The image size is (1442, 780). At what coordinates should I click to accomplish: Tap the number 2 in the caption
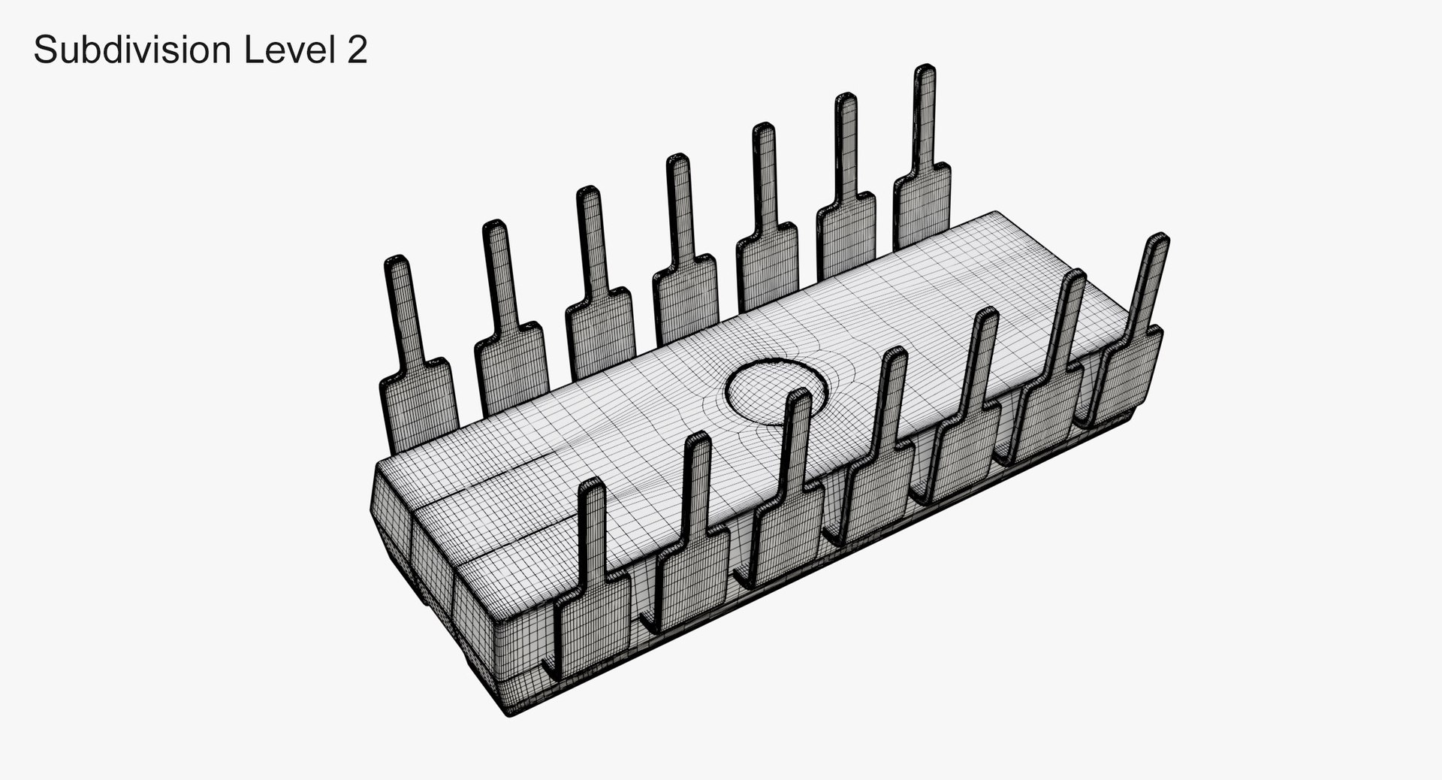tap(357, 51)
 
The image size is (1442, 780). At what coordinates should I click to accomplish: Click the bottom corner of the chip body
tap(511, 712)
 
